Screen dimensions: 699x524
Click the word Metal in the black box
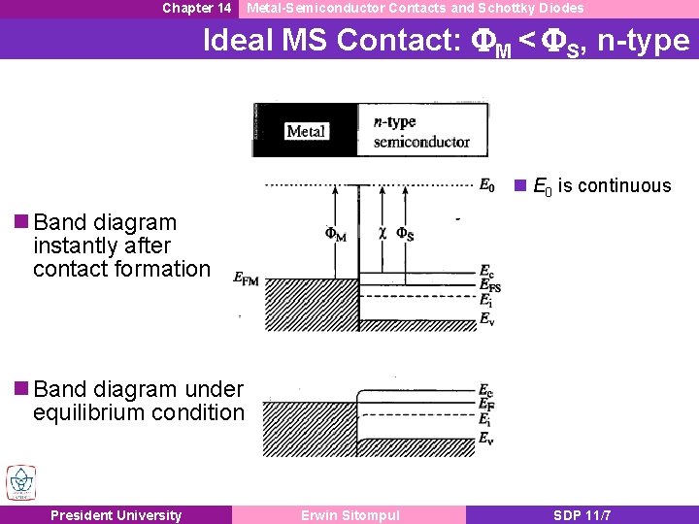[x=306, y=131]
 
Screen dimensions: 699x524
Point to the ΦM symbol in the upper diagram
[x=335, y=234]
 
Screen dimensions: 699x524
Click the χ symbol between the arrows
[x=382, y=233]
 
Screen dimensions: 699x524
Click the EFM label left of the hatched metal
[x=247, y=278]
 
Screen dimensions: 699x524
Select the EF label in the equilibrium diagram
[x=486, y=404]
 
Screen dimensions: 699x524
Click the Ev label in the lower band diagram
[x=486, y=439]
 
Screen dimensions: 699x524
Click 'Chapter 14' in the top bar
[x=196, y=8]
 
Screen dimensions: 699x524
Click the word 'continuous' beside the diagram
[x=626, y=185]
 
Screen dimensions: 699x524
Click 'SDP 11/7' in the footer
[x=582, y=515]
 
